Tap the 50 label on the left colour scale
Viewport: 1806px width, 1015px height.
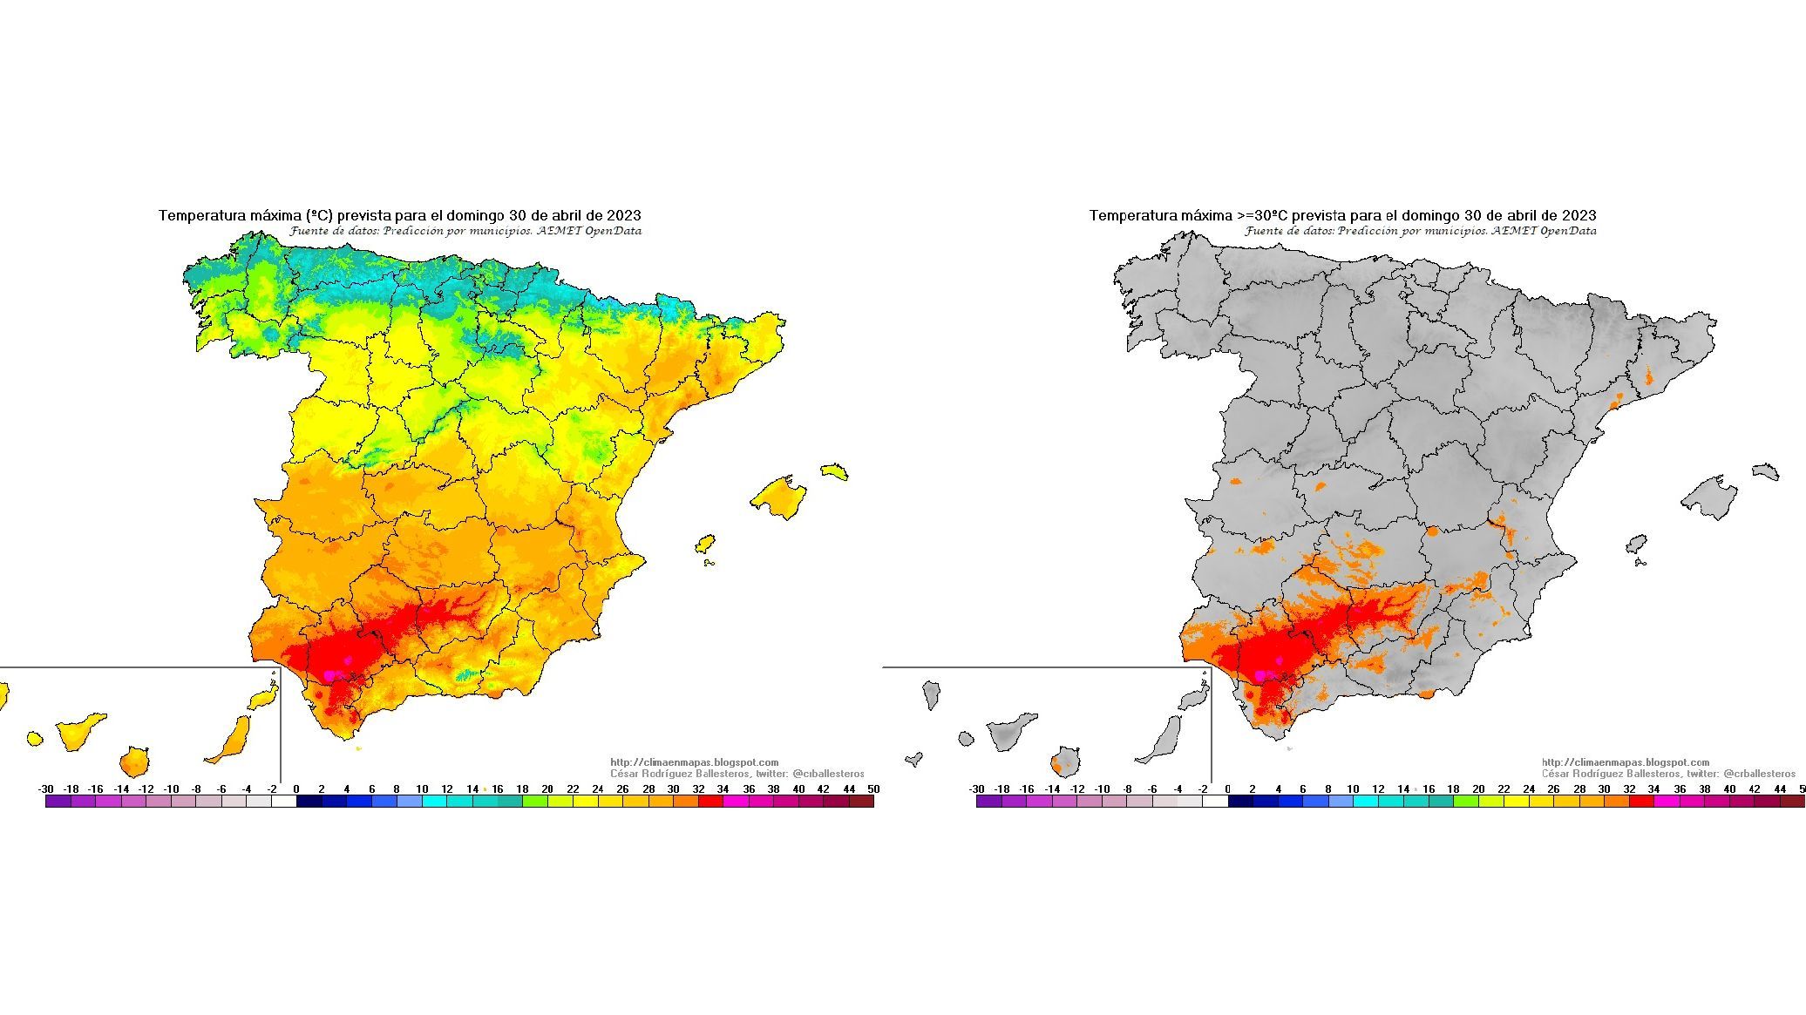pos(873,789)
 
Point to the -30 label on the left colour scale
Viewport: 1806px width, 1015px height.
pos(46,789)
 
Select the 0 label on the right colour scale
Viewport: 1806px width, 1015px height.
pos(1227,789)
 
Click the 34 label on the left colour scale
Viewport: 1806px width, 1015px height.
pos(723,789)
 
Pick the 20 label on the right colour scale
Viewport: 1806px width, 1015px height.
pos(1478,789)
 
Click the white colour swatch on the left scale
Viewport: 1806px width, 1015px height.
pos(284,802)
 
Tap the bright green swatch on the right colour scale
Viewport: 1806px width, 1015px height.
pos(1466,802)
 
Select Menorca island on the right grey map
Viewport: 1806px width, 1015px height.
pos(1765,471)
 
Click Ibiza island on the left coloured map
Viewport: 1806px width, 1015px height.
pos(705,544)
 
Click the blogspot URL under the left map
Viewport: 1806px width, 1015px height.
pos(694,762)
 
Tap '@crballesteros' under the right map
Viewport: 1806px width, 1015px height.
pos(1759,774)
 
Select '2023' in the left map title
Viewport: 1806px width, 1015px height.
pos(625,215)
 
